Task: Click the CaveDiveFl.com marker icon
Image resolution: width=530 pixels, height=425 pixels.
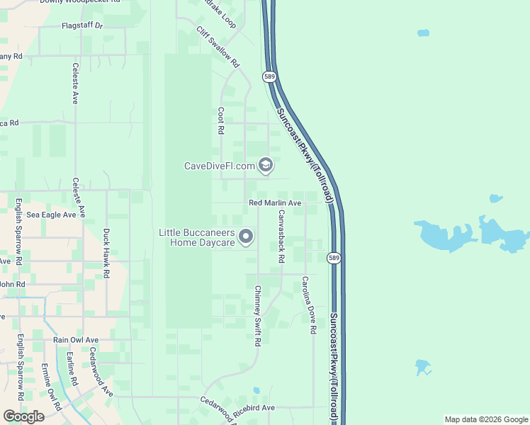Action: pyautogui.click(x=266, y=166)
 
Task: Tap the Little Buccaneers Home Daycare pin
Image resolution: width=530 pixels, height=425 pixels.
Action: pyautogui.click(x=246, y=237)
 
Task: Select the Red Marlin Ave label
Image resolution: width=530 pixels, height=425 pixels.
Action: pyautogui.click(x=276, y=203)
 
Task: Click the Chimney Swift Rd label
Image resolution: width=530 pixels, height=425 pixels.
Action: pyautogui.click(x=258, y=316)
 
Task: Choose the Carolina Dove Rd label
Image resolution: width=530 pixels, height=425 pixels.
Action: pyautogui.click(x=308, y=305)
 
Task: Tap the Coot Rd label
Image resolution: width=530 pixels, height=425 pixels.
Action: pyautogui.click(x=221, y=121)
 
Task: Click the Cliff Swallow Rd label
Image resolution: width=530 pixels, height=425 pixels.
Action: pyautogui.click(x=218, y=47)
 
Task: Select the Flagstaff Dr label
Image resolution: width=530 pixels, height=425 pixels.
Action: pyautogui.click(x=82, y=25)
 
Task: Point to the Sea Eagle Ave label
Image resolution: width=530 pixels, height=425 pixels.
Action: pyautogui.click(x=51, y=215)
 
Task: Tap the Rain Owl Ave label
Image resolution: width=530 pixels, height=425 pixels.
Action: pyautogui.click(x=76, y=340)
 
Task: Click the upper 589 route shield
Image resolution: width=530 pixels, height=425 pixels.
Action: pyautogui.click(x=269, y=76)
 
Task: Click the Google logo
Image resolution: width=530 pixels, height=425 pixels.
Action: pyautogui.click(x=23, y=416)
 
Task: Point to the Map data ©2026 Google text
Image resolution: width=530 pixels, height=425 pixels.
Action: pyautogui.click(x=486, y=419)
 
